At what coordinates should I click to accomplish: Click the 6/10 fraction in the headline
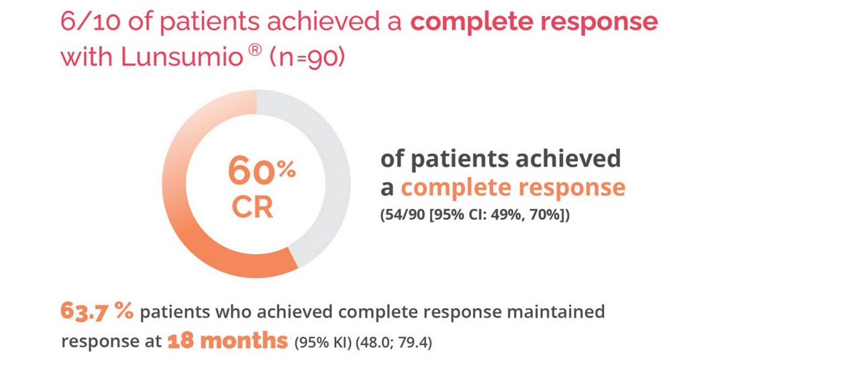[91, 21]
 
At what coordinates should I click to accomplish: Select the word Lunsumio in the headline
[182, 57]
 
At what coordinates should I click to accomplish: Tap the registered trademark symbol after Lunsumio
[254, 50]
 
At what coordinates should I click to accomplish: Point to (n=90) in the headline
[307, 58]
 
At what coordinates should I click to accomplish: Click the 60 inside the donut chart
[252, 171]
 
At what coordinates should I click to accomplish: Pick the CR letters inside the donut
[252, 207]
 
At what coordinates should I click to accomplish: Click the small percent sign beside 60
[287, 169]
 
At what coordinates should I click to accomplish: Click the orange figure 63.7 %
[97, 311]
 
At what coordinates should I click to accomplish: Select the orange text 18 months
[228, 340]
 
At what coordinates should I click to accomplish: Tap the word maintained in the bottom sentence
[556, 312]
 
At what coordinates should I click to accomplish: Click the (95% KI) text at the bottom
[323, 342]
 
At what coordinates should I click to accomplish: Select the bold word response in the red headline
[599, 22]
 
